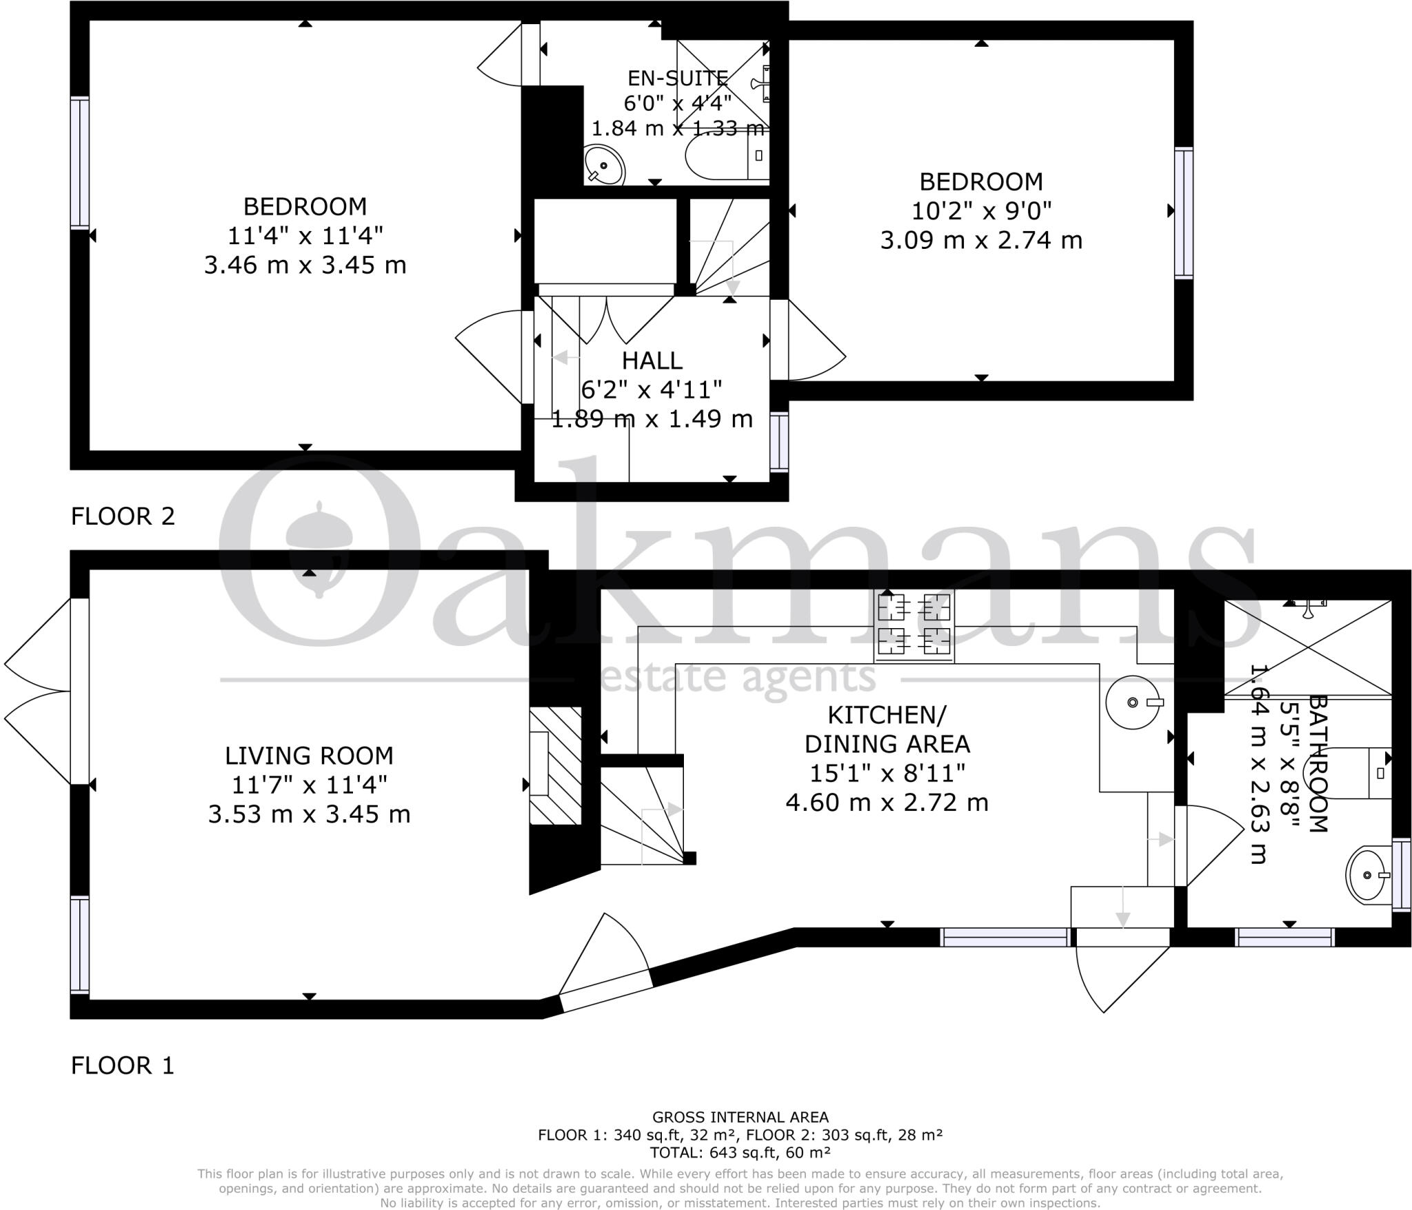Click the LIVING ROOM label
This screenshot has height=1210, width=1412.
(x=309, y=756)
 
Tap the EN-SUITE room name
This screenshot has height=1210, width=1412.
(x=678, y=78)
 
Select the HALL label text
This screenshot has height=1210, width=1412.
(x=652, y=361)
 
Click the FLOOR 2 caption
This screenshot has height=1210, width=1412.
(x=123, y=516)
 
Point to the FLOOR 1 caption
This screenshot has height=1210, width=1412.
(x=123, y=1065)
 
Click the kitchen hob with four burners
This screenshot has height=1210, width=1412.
(x=914, y=625)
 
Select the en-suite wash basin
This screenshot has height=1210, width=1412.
(x=605, y=165)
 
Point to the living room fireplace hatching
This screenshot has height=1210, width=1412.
(x=556, y=765)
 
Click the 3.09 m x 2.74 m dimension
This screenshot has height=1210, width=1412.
(x=981, y=240)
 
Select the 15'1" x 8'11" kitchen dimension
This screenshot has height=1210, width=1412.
(x=887, y=773)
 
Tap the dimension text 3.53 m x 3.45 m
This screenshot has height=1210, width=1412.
(x=309, y=814)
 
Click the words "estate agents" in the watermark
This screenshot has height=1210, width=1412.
(x=738, y=679)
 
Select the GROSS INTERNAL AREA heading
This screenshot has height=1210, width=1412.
(x=740, y=1117)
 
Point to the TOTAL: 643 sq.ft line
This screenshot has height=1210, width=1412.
(x=740, y=1151)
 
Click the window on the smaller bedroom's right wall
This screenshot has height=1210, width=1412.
(x=1184, y=213)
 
